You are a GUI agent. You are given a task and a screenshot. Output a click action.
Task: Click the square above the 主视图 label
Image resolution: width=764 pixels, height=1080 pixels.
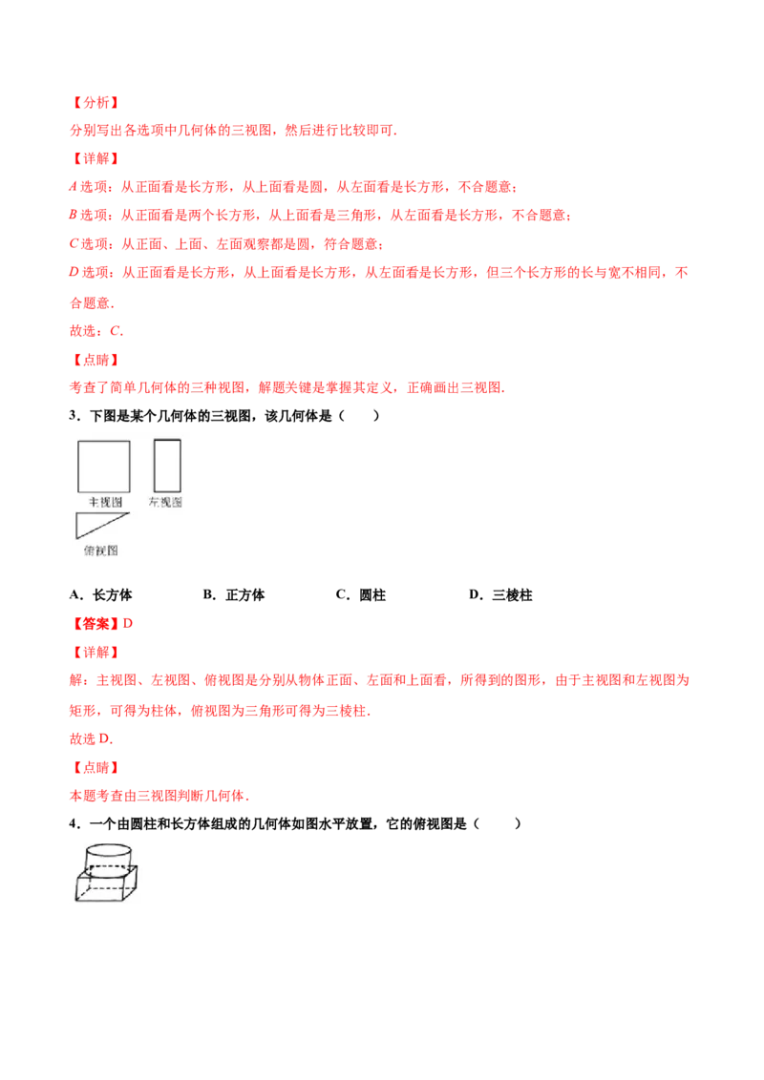[x=103, y=466]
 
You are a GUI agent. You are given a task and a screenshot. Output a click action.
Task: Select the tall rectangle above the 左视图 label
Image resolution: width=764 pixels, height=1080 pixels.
[x=167, y=466]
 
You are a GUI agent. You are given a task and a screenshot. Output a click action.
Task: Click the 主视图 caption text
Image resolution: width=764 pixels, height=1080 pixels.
[x=105, y=502]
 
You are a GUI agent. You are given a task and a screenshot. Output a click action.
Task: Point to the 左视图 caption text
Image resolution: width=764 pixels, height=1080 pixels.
[x=165, y=502]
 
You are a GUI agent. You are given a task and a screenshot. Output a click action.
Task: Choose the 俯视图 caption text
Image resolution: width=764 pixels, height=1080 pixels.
[x=100, y=550]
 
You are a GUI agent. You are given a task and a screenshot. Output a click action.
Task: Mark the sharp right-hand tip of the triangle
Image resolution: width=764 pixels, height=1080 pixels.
[x=128, y=515]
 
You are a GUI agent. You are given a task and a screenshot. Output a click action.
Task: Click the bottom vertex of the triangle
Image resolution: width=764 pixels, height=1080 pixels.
[x=77, y=539]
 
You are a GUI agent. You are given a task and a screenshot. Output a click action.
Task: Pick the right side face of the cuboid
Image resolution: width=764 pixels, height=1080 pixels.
[x=134, y=883]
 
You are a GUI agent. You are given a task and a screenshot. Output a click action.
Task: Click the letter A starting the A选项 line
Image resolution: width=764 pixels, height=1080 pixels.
[x=72, y=187]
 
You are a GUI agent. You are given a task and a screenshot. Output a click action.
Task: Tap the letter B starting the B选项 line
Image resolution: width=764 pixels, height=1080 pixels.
[x=72, y=216]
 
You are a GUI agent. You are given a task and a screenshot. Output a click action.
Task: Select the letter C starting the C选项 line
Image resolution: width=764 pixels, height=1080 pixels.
[x=72, y=244]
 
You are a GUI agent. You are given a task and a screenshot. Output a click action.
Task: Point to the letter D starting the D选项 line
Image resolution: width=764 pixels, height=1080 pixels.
[x=72, y=273]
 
